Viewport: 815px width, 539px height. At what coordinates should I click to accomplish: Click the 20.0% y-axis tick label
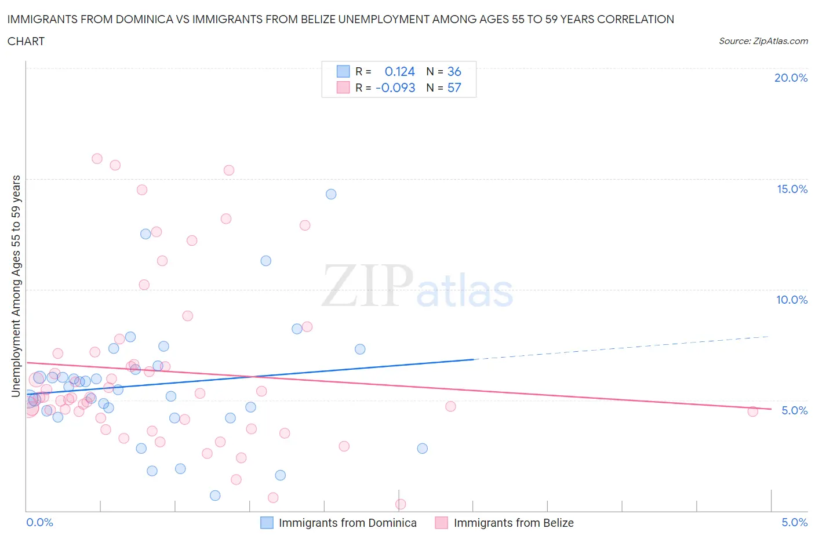[791, 78]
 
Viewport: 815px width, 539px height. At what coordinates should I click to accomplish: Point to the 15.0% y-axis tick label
[792, 189]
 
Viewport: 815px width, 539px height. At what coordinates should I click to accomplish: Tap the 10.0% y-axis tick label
[792, 300]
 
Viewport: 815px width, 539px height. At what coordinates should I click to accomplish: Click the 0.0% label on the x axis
[39, 522]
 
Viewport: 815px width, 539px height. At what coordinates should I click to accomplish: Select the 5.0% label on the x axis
[794, 522]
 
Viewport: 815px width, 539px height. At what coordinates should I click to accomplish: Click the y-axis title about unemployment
[16, 286]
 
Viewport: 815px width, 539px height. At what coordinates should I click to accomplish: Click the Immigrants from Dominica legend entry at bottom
[347, 523]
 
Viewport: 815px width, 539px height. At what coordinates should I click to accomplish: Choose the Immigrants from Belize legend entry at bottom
[513, 523]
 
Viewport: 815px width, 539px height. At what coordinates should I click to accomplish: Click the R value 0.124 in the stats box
[399, 71]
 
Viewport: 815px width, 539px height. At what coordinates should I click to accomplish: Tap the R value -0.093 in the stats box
[395, 88]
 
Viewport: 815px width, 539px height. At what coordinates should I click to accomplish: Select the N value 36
[454, 71]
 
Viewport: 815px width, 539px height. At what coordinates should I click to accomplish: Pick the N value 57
[454, 88]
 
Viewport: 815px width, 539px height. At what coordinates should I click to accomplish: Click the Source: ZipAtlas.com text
[763, 41]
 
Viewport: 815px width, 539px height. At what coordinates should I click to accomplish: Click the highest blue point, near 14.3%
[331, 194]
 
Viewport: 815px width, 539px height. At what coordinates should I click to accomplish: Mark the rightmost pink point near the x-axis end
[752, 411]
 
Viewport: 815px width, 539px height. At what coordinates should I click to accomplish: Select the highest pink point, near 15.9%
[97, 159]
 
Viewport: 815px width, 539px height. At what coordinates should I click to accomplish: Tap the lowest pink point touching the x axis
[401, 504]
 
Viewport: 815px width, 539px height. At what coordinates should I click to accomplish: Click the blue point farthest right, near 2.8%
[422, 448]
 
